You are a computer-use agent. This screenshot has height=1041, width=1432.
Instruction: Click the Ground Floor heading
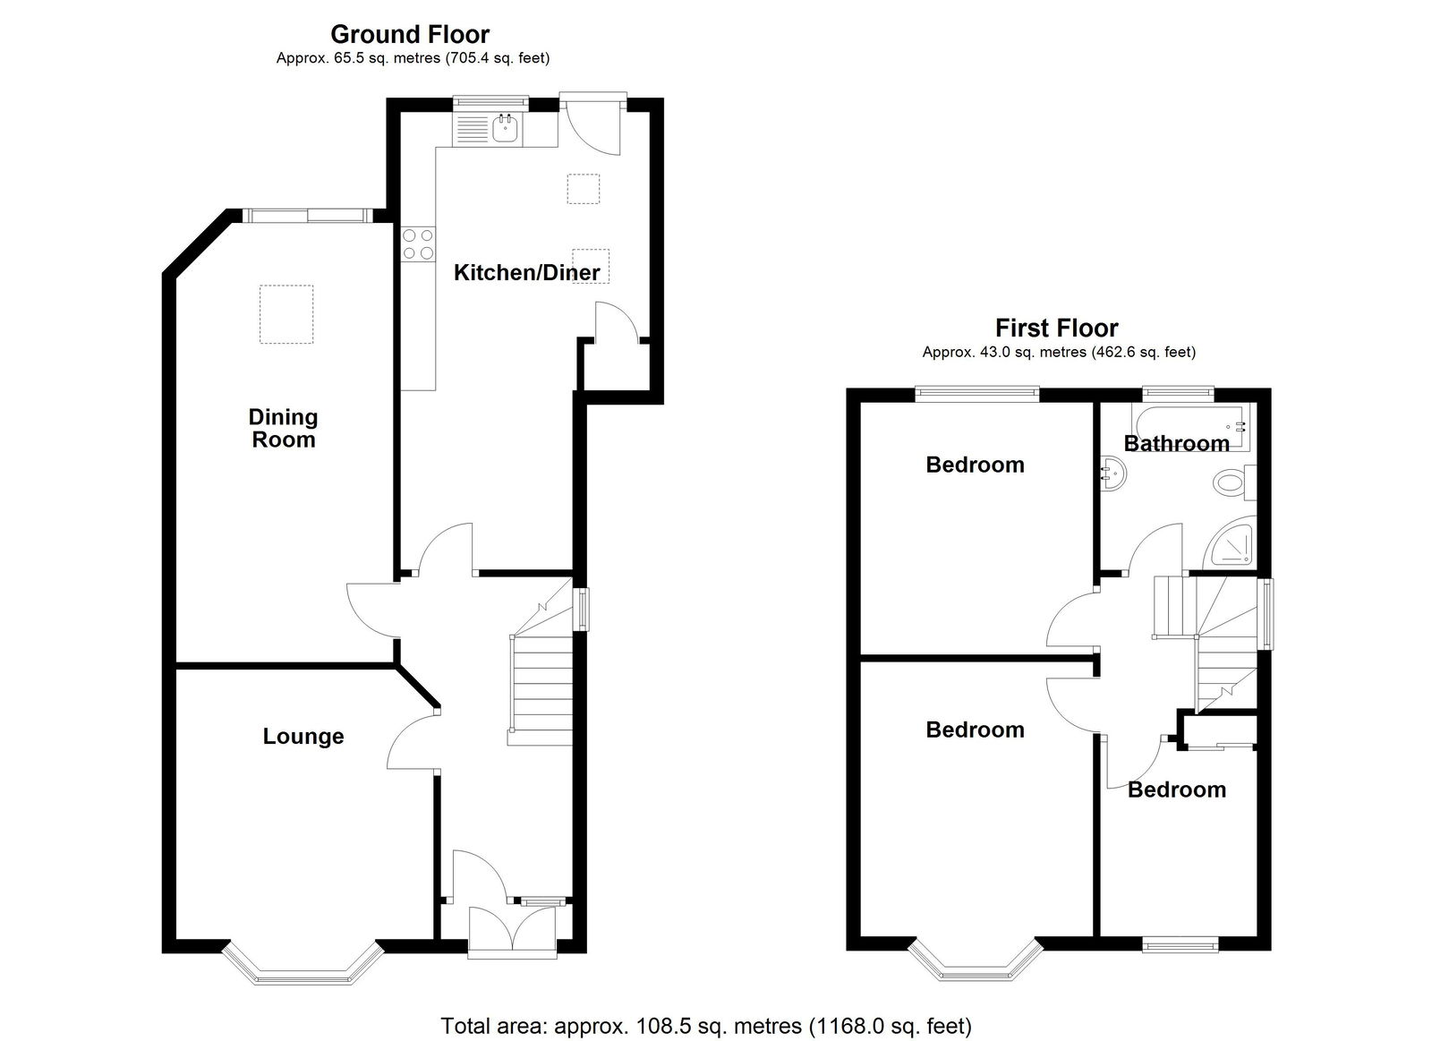point(410,34)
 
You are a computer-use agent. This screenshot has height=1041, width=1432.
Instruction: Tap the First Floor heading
point(1057,328)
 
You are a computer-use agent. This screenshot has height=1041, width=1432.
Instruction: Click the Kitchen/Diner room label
point(527,273)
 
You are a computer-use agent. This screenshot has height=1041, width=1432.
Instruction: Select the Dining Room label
point(283,429)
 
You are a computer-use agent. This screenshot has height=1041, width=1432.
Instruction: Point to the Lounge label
point(303,736)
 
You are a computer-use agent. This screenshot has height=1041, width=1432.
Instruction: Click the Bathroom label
point(1176,443)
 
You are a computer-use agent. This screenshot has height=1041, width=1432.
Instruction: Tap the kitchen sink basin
point(507,130)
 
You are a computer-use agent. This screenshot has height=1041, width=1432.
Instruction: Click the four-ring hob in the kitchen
point(419,244)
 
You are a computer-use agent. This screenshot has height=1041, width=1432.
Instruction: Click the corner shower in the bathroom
point(1231,544)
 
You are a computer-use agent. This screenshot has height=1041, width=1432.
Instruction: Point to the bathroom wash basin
point(1113,474)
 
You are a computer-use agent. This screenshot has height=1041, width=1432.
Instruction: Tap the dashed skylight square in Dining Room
point(286,314)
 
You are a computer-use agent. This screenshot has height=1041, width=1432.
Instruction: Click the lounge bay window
point(303,965)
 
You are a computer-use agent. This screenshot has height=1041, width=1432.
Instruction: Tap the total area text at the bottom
point(706,1027)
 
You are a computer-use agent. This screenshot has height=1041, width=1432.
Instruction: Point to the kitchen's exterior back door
point(593,123)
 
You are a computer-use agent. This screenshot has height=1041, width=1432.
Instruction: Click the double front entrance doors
point(512,930)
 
